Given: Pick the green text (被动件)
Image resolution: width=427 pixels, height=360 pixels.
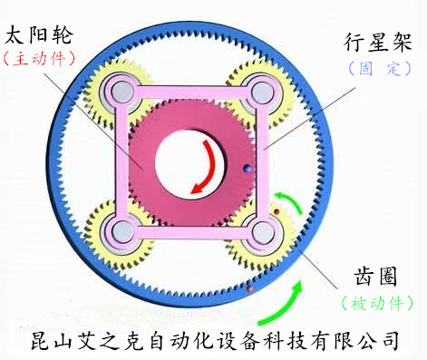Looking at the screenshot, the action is coord(375,302).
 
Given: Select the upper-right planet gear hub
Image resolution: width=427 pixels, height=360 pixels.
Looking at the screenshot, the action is coord(262,91).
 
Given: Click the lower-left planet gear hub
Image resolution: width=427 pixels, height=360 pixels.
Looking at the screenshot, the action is coord(119,230).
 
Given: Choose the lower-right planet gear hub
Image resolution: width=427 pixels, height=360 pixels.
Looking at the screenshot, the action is coord(261,232).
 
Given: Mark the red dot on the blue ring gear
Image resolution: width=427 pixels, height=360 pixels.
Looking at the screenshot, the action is coord(248,289).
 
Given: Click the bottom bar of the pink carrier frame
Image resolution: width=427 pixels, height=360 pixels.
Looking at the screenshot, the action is coord(190,232).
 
